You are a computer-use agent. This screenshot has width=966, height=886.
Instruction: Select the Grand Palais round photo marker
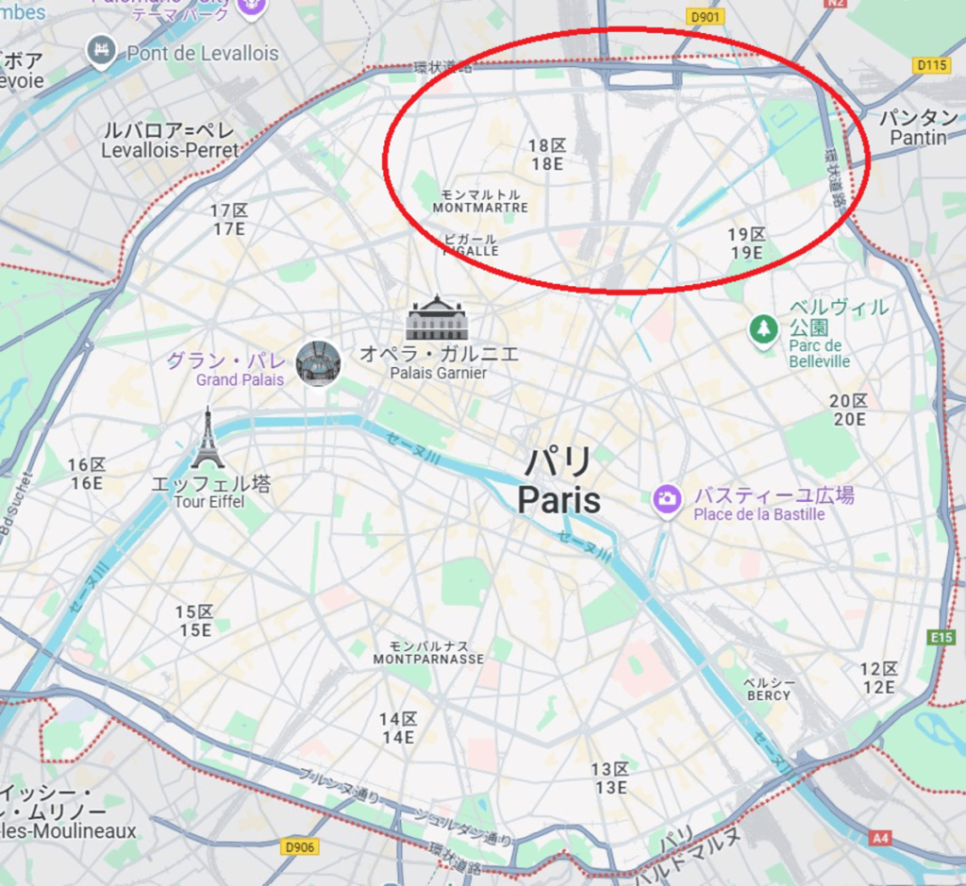[318, 363]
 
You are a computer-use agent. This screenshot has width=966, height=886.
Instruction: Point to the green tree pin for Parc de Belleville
[762, 329]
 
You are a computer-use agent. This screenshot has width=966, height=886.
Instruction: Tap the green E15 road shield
[941, 638]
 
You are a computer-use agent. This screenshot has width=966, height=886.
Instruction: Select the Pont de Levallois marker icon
[99, 50]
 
